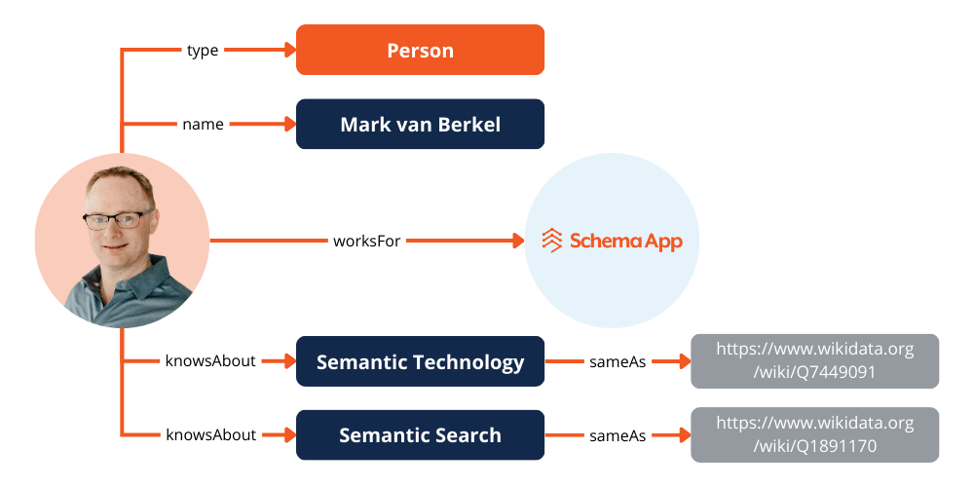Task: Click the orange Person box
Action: (420, 50)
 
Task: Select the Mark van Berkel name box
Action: (420, 124)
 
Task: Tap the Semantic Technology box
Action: (420, 361)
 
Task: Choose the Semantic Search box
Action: (420, 435)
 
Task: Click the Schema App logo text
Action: (625, 241)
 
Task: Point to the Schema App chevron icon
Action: (552, 241)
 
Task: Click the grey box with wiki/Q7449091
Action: (814, 361)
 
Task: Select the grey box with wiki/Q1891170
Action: (814, 435)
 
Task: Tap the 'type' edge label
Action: (203, 50)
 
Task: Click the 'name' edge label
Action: (203, 124)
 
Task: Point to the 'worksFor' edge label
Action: (367, 240)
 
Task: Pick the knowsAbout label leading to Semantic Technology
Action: (210, 361)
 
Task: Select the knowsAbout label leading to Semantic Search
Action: (210, 435)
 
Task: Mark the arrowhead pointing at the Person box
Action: (289, 50)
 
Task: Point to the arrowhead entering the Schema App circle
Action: (517, 240)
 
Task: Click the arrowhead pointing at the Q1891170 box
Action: (684, 435)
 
